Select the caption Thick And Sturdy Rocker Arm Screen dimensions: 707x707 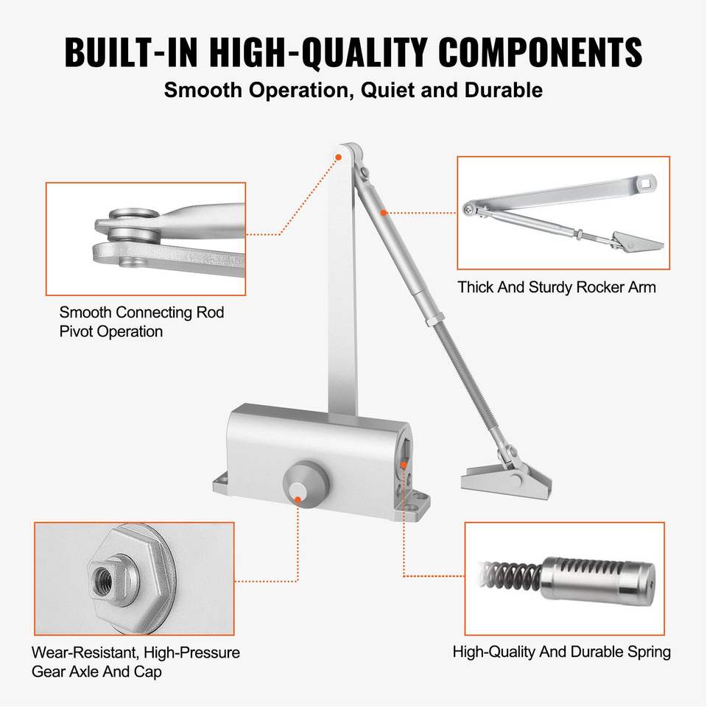pos(557,287)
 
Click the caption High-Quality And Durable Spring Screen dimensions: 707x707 pos(561,652)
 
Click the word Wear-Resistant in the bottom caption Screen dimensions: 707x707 pos(84,653)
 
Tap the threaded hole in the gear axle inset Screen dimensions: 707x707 pos(101,577)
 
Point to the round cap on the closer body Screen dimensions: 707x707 pos(306,485)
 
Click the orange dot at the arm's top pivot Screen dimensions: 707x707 pos(338,157)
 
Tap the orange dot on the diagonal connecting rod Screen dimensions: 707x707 pos(383,212)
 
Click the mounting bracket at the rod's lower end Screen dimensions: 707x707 pos(506,482)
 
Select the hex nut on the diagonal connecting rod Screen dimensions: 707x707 pos(435,320)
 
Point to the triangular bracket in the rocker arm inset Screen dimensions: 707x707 pos(636,242)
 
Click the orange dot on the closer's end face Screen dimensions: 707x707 pos(404,465)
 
